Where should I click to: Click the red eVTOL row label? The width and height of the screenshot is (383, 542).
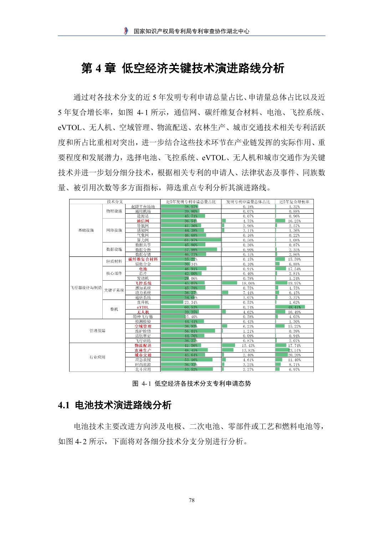coord(143,307)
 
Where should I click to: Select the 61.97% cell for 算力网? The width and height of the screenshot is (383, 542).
coord(191,240)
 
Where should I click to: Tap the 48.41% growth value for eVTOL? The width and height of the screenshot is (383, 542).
coord(294,307)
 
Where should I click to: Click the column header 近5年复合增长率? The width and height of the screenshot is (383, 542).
coord(294,201)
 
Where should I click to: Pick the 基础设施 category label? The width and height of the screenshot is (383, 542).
coord(86,230)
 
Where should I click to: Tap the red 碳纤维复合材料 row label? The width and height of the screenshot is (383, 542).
coord(143,259)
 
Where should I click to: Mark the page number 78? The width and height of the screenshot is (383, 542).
coord(191,500)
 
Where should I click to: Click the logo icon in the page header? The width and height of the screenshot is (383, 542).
coord(126,31)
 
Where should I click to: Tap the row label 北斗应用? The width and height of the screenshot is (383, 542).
coord(143,369)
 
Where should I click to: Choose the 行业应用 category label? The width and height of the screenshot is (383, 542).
coord(97,357)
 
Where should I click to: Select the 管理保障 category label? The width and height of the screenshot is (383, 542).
coord(97,331)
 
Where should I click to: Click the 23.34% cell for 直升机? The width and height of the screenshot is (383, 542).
coord(191,302)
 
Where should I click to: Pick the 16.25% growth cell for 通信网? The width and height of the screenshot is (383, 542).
coord(294,221)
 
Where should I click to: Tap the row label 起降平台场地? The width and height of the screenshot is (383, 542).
coord(143,206)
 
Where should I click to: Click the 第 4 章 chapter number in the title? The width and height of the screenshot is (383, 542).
coord(98,68)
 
